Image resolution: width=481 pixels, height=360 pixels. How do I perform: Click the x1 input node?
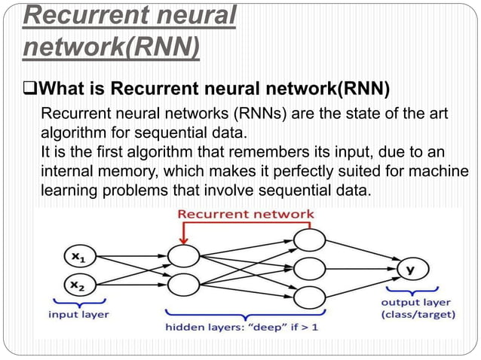pyautogui.click(x=78, y=256)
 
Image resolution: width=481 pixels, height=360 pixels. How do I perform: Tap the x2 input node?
pyautogui.click(x=78, y=285)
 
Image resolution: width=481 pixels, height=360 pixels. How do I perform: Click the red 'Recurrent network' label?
pyautogui.click(x=246, y=214)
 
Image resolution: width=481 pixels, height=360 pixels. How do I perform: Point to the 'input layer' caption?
pyautogui.click(x=79, y=313)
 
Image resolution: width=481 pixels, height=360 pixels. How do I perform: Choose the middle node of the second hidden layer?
pyautogui.click(x=309, y=269)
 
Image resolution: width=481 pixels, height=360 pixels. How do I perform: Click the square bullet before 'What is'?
pyautogui.click(x=31, y=92)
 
